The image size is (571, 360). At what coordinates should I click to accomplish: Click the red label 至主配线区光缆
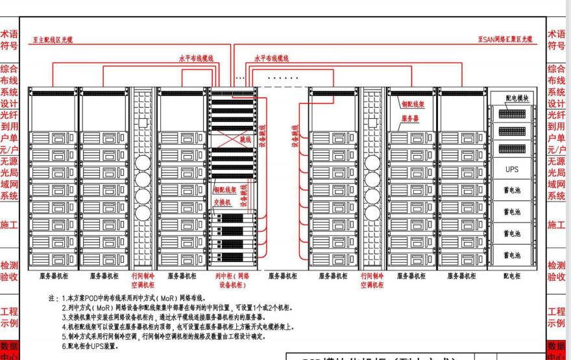(x=53, y=40)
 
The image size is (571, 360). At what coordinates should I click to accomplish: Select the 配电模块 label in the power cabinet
(x=520, y=97)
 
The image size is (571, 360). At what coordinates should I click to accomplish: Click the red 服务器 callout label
(x=409, y=119)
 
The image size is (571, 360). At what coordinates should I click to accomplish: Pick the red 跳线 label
(x=246, y=139)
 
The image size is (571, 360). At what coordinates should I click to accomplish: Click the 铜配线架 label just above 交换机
(x=225, y=189)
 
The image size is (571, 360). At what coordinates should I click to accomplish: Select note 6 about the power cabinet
(x=95, y=346)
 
